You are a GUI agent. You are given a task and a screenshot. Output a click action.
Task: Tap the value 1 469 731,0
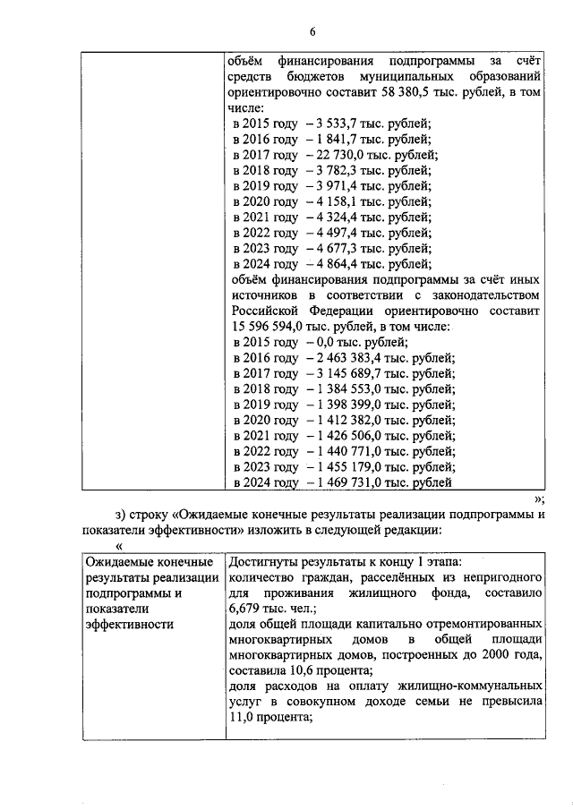pos(350,482)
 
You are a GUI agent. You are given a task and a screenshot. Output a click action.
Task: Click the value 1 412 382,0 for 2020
pos(350,420)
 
